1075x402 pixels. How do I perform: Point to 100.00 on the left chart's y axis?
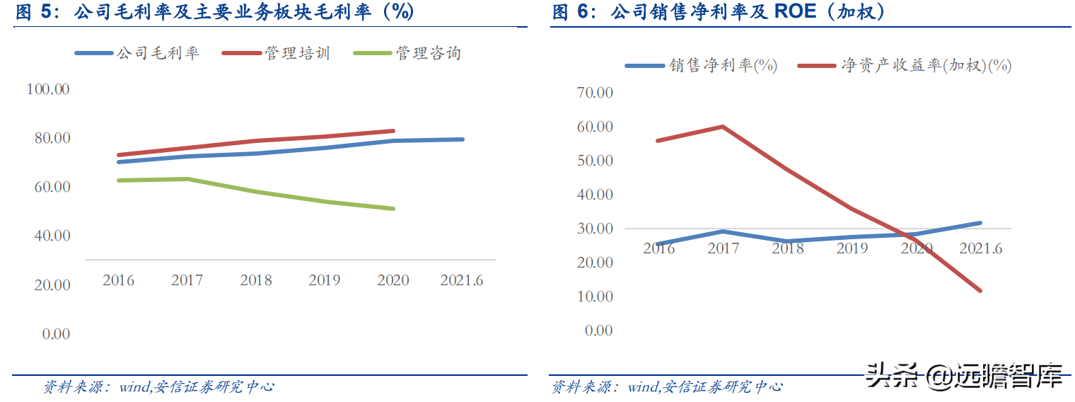tap(48, 89)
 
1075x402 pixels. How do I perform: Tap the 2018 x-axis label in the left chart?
tap(256, 280)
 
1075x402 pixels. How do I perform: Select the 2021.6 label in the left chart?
tap(461, 280)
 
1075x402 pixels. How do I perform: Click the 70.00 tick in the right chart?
tap(595, 93)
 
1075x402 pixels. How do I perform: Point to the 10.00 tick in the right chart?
tap(595, 297)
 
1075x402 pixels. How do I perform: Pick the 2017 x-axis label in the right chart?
tap(724, 248)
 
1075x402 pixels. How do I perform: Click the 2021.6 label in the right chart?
tap(980, 248)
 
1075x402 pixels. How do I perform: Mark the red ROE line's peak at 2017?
tap(723, 127)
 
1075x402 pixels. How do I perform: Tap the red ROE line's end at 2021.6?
tap(980, 290)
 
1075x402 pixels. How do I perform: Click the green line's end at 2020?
tap(393, 209)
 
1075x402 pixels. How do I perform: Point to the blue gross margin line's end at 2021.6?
tap(463, 139)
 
